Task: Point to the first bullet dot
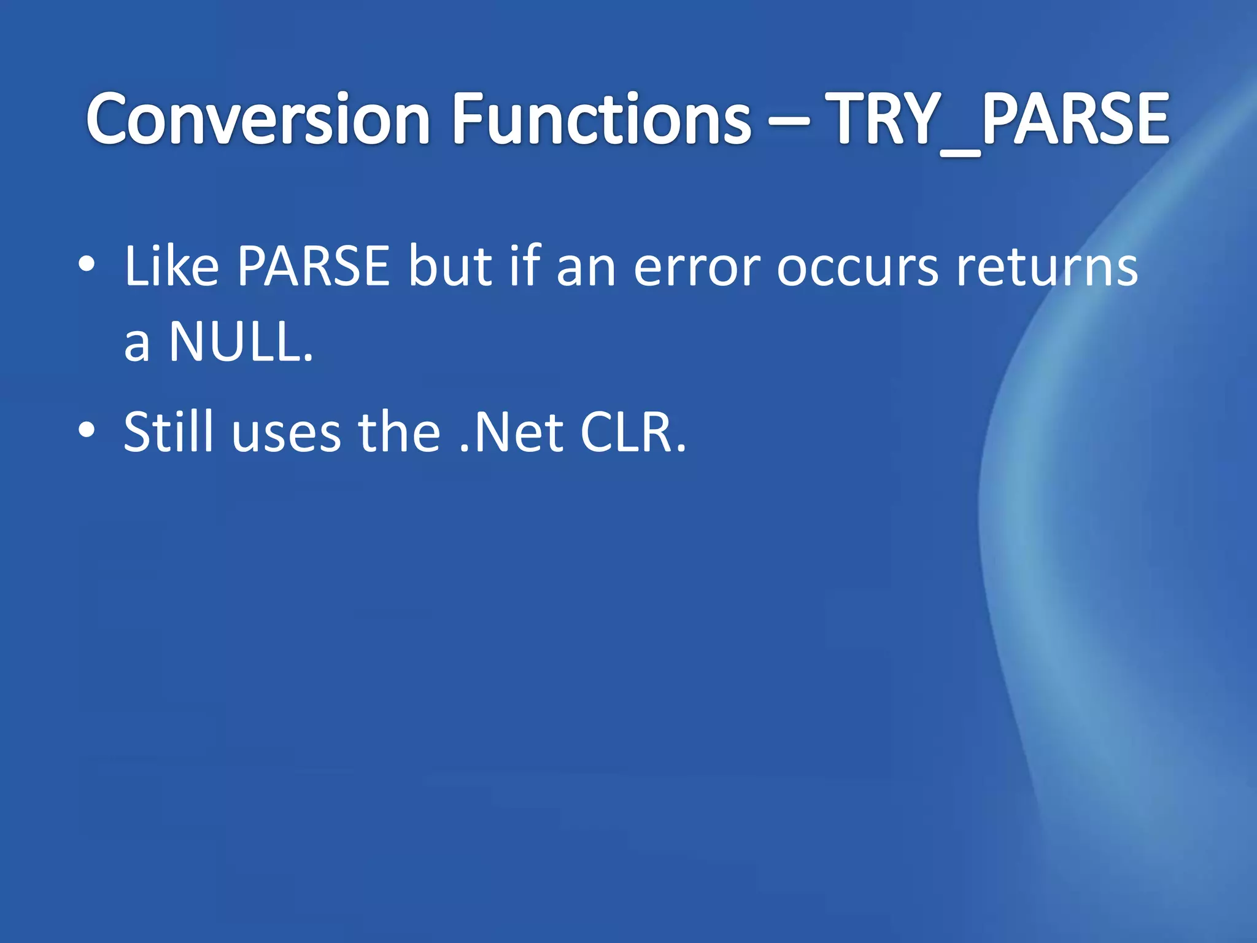(x=87, y=265)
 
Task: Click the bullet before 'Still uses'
(x=87, y=431)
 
